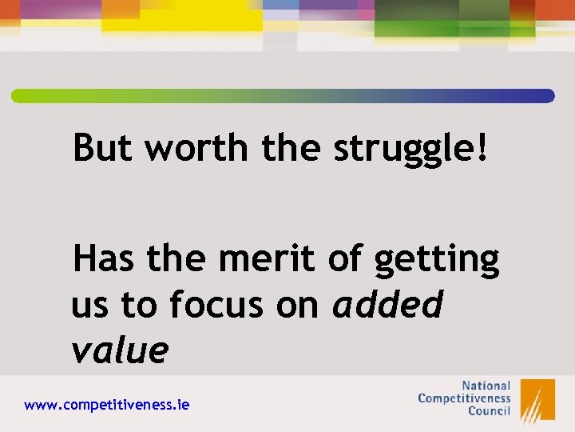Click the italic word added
click(x=387, y=305)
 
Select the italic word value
click(x=120, y=350)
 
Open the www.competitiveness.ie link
click(x=107, y=406)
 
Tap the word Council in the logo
click(x=486, y=412)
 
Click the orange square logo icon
click(x=537, y=399)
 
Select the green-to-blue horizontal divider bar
click(x=283, y=96)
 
